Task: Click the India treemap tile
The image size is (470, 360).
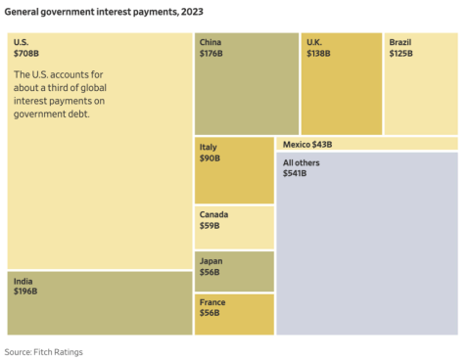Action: click(99, 303)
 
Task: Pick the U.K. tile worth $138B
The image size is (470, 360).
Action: click(342, 84)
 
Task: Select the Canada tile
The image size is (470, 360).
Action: click(234, 227)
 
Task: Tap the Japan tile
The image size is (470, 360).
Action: click(234, 271)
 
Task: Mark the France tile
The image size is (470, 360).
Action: click(234, 314)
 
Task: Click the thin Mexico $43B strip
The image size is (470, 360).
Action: click(367, 144)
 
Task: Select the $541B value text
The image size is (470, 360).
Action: click(295, 173)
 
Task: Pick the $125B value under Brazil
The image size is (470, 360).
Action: click(400, 54)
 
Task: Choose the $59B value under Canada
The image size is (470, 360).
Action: click(210, 226)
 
